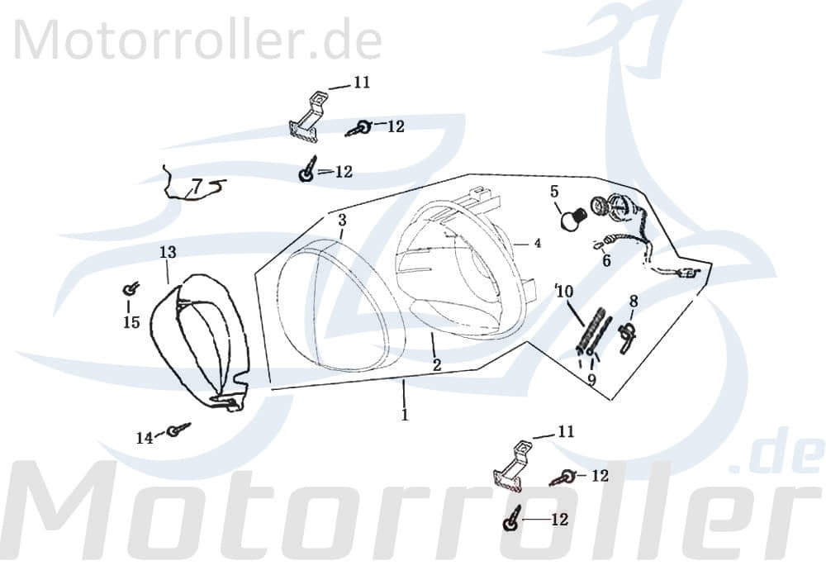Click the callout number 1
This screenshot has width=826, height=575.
tap(405, 415)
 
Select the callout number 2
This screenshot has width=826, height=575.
tap(437, 364)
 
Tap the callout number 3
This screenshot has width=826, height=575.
tap(342, 221)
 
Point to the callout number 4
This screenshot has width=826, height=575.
tap(537, 244)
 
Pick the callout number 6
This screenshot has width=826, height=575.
tap(606, 261)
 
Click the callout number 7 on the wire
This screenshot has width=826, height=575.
tap(196, 184)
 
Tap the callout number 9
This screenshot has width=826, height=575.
tap(591, 379)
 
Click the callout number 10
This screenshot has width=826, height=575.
tap(564, 291)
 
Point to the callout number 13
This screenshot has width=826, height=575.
tap(168, 251)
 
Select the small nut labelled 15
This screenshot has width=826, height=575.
tap(130, 289)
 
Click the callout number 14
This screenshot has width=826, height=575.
tap(145, 438)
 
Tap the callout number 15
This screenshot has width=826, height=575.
tap(131, 322)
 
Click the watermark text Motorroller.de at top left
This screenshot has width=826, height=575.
tap(197, 39)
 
